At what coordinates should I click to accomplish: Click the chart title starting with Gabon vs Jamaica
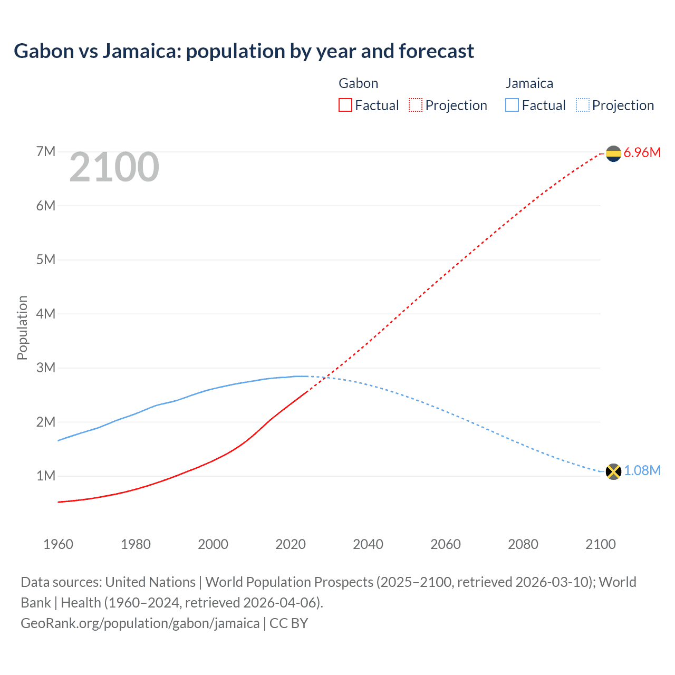tap(244, 51)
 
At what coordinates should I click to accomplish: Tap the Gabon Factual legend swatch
tap(345, 105)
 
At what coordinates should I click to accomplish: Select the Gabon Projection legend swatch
tap(416, 105)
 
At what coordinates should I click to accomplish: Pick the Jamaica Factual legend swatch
tap(512, 105)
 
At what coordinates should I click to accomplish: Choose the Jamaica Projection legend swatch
tap(583, 105)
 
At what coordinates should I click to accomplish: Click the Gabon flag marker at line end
tap(613, 153)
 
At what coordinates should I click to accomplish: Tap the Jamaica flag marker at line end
tap(613, 471)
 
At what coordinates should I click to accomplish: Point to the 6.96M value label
tap(642, 153)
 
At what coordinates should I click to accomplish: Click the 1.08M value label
tap(642, 471)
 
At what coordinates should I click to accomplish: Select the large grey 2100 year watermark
tap(114, 167)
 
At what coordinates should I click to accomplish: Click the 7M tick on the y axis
tap(46, 152)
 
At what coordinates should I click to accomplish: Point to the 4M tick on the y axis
tap(46, 314)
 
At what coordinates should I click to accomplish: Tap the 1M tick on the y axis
tap(46, 476)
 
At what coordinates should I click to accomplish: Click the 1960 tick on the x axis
tap(58, 544)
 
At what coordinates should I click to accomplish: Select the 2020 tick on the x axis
tap(291, 544)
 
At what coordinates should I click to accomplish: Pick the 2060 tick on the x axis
tap(446, 544)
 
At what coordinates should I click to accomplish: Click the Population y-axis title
tap(22, 327)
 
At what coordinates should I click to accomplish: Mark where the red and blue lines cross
tap(325, 377)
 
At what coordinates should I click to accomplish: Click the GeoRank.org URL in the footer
tap(140, 623)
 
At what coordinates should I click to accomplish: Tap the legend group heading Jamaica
tap(529, 83)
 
